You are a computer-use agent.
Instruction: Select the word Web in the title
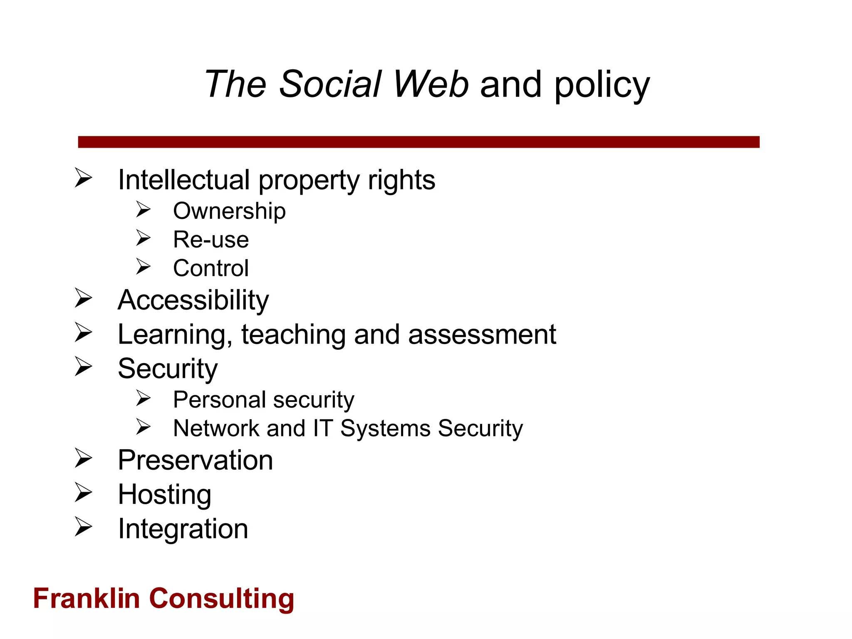(x=431, y=84)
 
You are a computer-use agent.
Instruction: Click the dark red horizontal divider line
(x=419, y=142)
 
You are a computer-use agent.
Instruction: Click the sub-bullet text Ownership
(x=229, y=211)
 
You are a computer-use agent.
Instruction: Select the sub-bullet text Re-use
(x=211, y=240)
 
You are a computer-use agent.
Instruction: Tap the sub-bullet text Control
(x=211, y=268)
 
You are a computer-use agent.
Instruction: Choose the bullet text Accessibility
(x=193, y=300)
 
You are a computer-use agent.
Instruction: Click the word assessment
(x=482, y=334)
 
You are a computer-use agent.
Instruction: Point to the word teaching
(x=293, y=334)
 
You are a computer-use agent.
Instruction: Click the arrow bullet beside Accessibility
(x=84, y=298)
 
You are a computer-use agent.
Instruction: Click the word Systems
(x=385, y=428)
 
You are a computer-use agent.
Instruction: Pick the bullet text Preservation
(x=195, y=461)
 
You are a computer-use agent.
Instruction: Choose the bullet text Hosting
(x=165, y=495)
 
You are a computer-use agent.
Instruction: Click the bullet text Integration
(x=183, y=529)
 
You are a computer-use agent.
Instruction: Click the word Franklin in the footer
(x=86, y=599)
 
